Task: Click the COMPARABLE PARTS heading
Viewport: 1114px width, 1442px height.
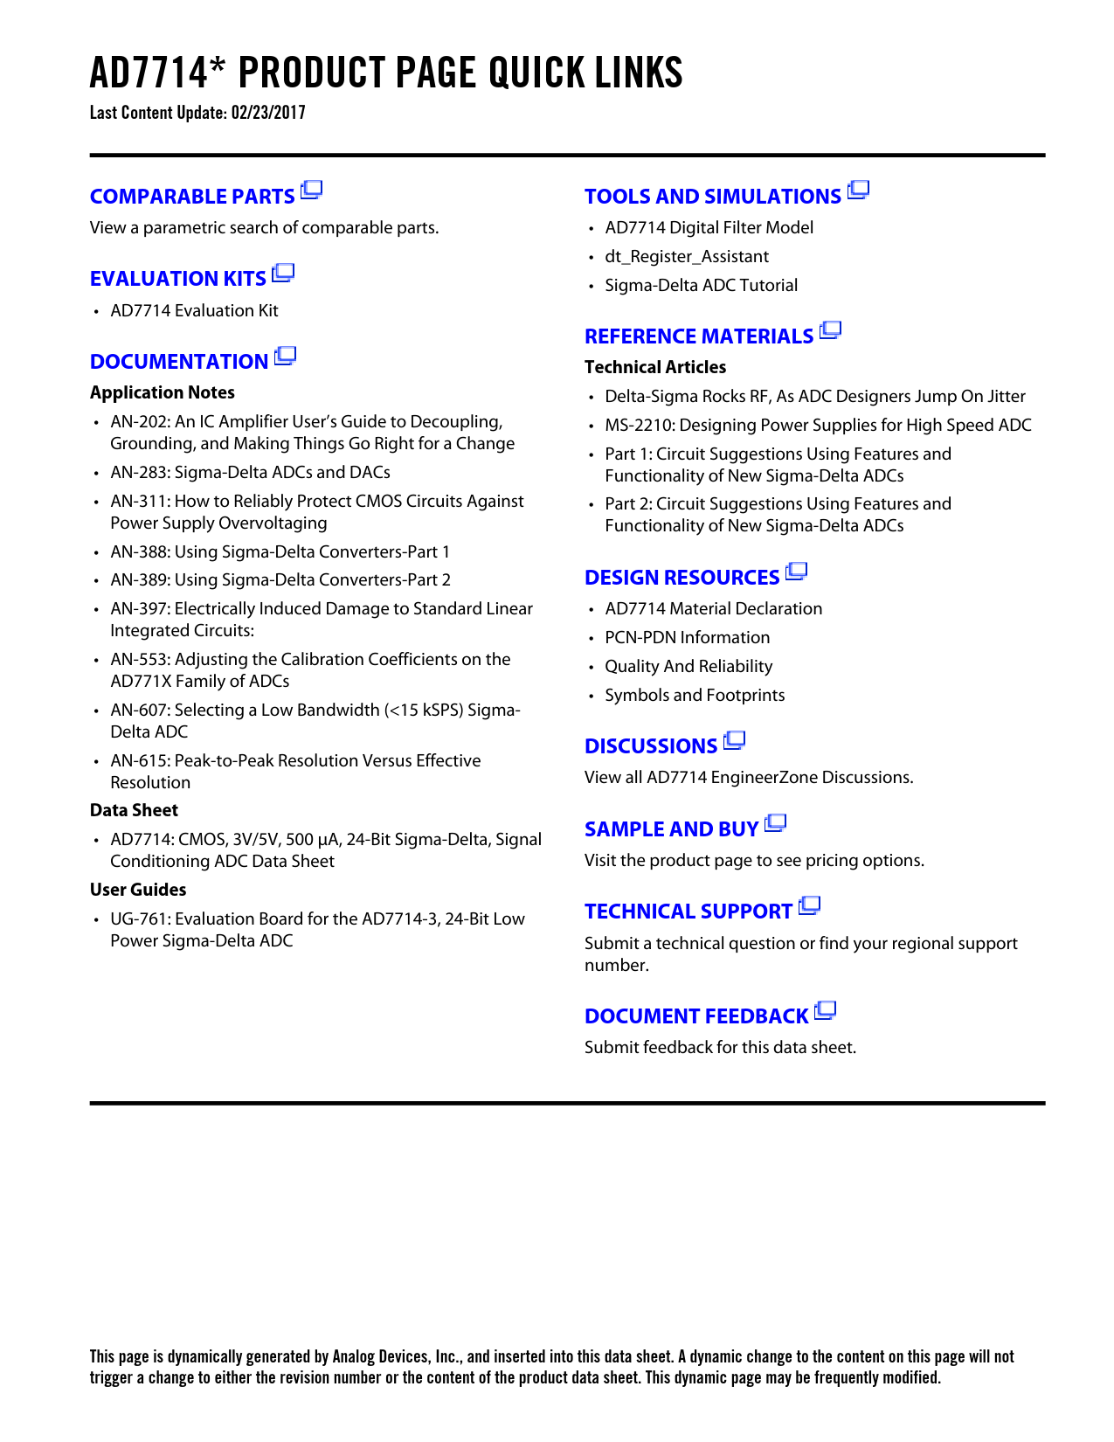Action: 192,197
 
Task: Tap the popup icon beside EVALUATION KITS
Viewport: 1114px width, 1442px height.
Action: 283,274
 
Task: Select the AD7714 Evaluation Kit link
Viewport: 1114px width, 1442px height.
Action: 194,310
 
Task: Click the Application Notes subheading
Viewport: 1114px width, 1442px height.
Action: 163,392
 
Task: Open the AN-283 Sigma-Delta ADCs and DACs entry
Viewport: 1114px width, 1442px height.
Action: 250,472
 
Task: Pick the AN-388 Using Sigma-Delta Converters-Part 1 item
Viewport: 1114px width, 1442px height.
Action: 280,551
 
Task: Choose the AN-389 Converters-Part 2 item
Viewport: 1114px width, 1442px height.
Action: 280,579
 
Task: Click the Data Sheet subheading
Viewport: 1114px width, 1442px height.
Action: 134,810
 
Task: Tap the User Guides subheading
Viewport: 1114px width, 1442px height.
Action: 138,890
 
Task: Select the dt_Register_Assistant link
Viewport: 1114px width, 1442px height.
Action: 687,256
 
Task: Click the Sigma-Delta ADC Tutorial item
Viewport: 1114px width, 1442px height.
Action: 701,285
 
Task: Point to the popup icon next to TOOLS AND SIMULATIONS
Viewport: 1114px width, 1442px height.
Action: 859,190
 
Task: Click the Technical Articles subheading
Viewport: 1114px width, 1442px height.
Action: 655,367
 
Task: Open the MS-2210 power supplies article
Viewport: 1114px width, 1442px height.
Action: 818,425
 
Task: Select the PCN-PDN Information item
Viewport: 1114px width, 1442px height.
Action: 687,637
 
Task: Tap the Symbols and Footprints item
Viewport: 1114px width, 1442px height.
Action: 695,695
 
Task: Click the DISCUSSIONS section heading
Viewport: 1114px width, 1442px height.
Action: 651,746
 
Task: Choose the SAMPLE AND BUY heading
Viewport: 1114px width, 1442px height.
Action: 671,829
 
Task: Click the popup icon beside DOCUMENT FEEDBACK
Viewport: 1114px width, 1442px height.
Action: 826,1011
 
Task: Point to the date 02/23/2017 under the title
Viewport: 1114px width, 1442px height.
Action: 268,113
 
